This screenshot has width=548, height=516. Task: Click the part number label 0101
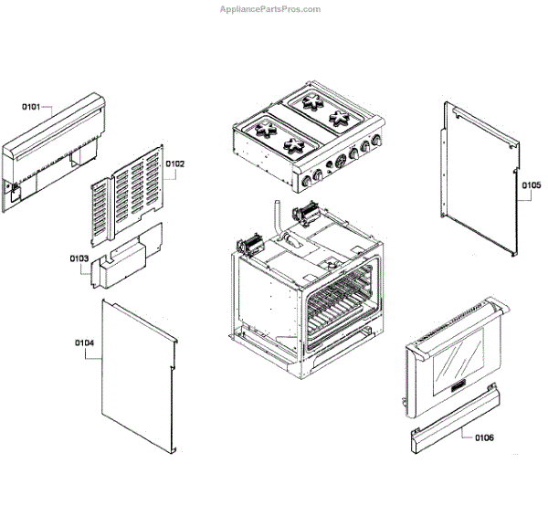[32, 107]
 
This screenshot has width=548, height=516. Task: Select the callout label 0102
[175, 163]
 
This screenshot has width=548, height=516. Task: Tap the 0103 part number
[79, 258]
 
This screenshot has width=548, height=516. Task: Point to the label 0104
[84, 342]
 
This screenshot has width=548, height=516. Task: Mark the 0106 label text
[484, 437]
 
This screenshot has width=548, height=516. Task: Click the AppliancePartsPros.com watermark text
[270, 9]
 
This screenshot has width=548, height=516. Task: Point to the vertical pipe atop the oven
[273, 216]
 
